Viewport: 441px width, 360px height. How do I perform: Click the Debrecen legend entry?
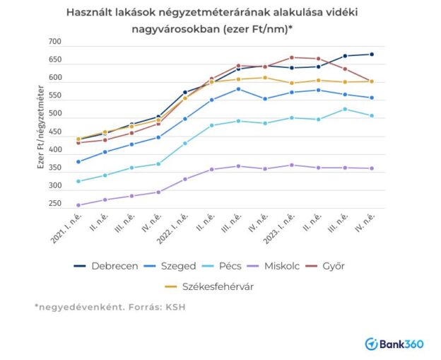coord(106,266)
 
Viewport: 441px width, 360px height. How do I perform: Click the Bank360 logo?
coord(394,343)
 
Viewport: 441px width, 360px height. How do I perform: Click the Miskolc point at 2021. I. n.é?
coord(78,205)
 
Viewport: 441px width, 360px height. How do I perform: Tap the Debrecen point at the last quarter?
coord(372,54)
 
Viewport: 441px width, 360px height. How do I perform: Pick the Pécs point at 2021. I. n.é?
coord(78,181)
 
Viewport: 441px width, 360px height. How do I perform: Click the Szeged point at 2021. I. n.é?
coord(78,161)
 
